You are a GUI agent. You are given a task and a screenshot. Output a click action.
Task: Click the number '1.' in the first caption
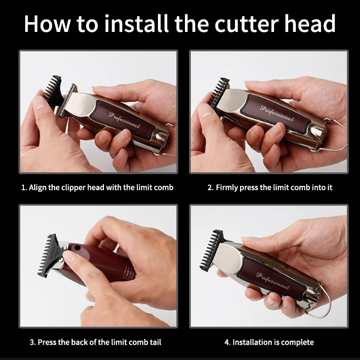click(24, 187)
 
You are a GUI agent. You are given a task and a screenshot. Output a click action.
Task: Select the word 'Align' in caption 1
click(39, 187)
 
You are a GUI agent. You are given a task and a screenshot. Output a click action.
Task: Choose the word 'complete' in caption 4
click(297, 342)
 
